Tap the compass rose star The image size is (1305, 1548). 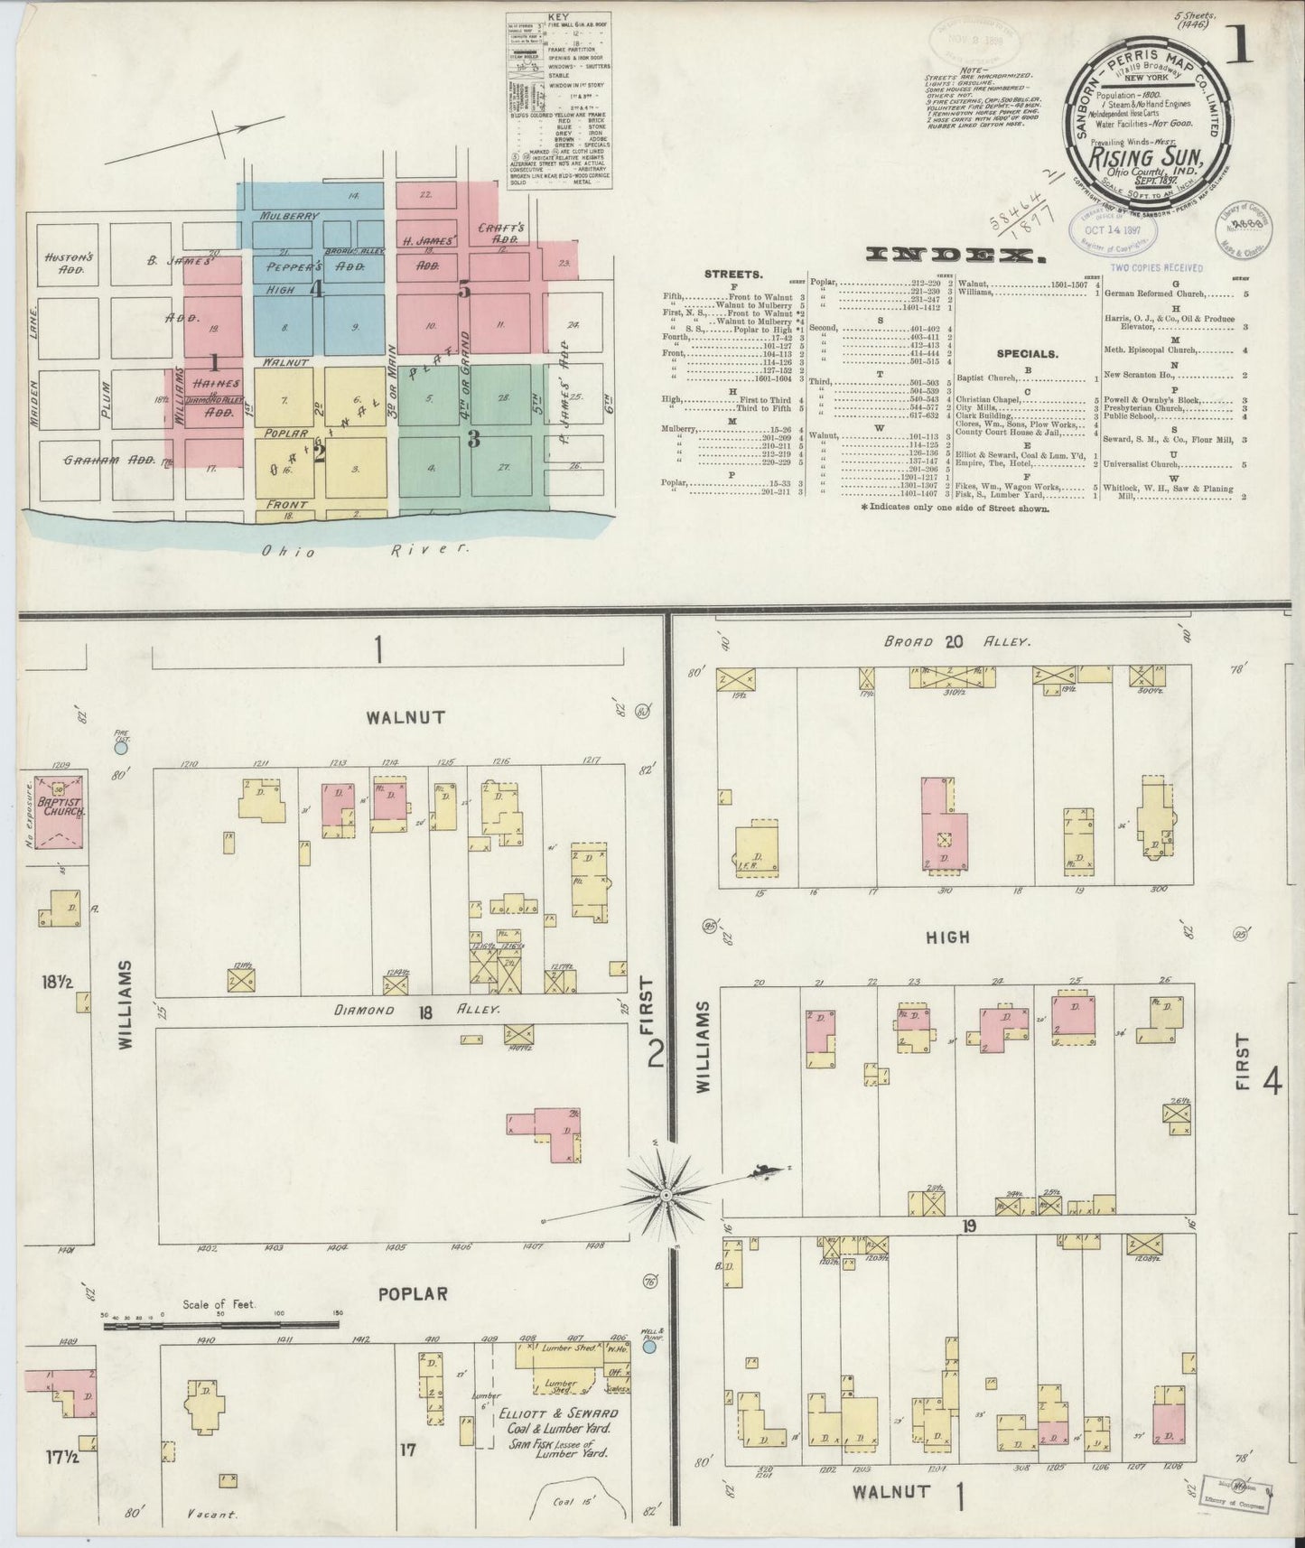[x=666, y=1195]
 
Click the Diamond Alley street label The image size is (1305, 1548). [x=424, y=1011]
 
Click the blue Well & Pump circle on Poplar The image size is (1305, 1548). [x=649, y=1347]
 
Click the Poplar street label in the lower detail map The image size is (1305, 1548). [x=413, y=1293]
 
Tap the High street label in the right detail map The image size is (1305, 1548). [x=948, y=937]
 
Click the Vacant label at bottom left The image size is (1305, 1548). [x=213, y=1515]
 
